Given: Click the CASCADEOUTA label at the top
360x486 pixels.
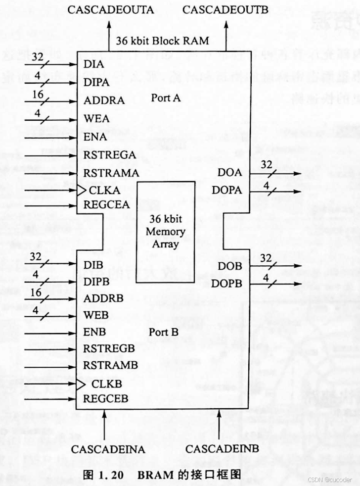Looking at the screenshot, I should tap(111, 9).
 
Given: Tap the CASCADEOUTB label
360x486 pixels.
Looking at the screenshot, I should tap(225, 9).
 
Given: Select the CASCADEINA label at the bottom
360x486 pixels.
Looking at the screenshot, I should tap(108, 449).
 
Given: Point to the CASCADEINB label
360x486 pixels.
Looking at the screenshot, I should tap(222, 449).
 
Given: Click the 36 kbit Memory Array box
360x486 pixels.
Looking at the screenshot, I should tap(165, 232).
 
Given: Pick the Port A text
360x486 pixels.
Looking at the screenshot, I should tap(166, 98).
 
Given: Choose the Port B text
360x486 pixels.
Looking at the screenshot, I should tap(163, 332).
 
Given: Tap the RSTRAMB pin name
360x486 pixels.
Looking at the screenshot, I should tap(110, 365).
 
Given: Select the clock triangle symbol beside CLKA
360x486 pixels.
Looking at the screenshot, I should tap(80, 190).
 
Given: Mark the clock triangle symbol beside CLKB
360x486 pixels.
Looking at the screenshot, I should tap(80, 384).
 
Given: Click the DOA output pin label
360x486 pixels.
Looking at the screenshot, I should tap(229, 173).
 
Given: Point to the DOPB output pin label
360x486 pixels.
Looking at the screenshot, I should tap(227, 284).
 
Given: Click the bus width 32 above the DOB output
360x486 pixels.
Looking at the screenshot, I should tap(267, 258).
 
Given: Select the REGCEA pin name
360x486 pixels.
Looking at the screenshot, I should tap(106, 205).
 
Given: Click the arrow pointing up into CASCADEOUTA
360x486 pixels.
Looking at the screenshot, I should tap(110, 30).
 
